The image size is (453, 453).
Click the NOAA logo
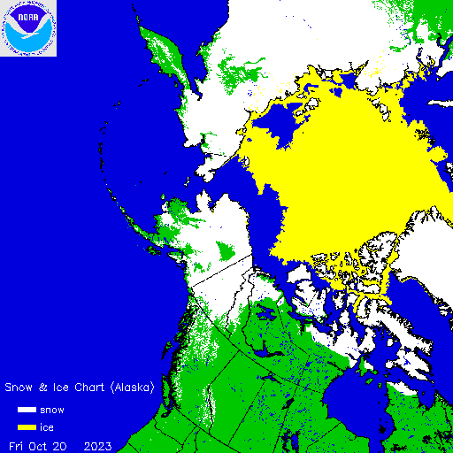[x=28, y=28]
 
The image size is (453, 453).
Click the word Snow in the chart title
[x=21, y=388]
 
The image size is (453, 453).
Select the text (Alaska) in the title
[x=133, y=388]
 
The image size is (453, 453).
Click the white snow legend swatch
[x=27, y=411]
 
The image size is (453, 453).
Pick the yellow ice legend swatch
[x=27, y=427]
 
